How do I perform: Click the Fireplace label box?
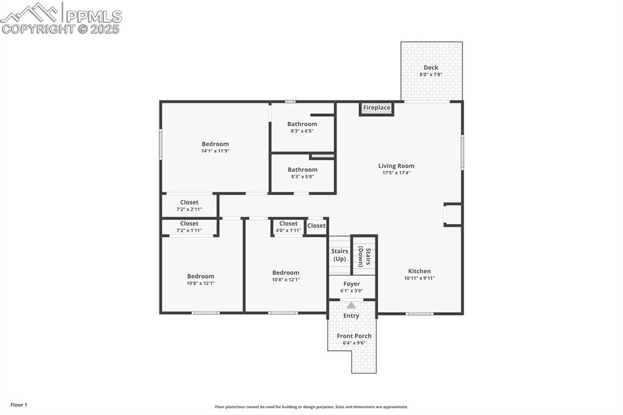coord(377,108)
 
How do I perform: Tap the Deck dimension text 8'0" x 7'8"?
coord(431,74)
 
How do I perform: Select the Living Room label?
coord(396,166)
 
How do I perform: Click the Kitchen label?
coord(419,271)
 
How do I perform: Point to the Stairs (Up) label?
coord(339,255)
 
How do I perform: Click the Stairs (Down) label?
coord(364,255)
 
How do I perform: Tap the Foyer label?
coord(352,284)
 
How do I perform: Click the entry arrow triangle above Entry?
coord(351,305)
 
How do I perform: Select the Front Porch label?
coord(354,336)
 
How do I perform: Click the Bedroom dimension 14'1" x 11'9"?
coord(215,151)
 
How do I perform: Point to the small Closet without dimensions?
coord(316,226)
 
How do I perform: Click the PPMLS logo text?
coord(94,16)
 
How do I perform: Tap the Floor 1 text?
coord(19,405)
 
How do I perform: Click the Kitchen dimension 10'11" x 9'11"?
coord(419,278)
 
